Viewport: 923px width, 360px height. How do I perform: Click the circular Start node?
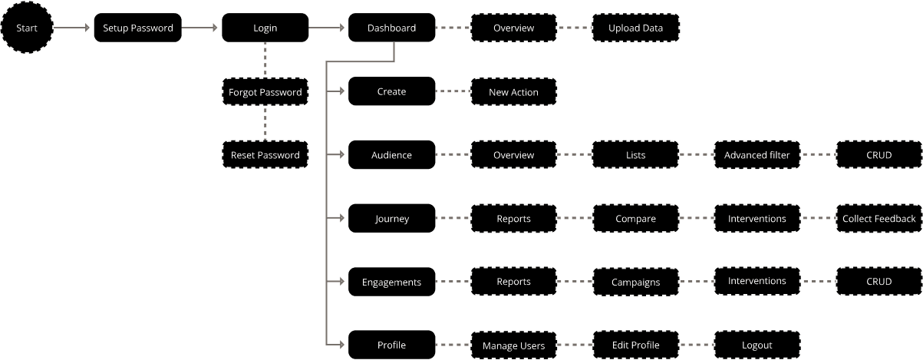click(27, 28)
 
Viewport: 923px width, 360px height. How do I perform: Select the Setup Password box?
click(138, 28)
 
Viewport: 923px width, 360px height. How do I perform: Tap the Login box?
click(265, 28)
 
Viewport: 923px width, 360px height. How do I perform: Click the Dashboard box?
click(391, 28)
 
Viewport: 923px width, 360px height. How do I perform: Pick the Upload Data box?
click(635, 28)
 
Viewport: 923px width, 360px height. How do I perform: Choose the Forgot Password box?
click(265, 92)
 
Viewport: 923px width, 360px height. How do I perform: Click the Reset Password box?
click(265, 155)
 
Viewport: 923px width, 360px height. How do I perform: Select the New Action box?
click(513, 92)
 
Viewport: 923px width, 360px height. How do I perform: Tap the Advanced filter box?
click(757, 155)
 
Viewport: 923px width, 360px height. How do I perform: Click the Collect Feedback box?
click(878, 219)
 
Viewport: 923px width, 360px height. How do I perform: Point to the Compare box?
click(635, 219)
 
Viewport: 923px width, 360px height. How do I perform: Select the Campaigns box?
click(635, 282)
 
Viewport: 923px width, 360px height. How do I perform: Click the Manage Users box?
click(513, 345)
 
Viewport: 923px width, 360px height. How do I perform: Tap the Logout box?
click(757, 345)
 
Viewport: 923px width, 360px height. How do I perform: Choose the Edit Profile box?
click(635, 345)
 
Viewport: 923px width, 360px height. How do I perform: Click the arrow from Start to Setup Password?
click(74, 28)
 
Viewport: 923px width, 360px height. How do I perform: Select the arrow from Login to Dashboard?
click(328, 28)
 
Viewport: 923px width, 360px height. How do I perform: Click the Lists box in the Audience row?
click(635, 155)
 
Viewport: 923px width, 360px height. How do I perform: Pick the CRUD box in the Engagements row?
click(878, 282)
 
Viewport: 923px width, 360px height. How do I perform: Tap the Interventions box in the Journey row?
click(757, 219)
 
